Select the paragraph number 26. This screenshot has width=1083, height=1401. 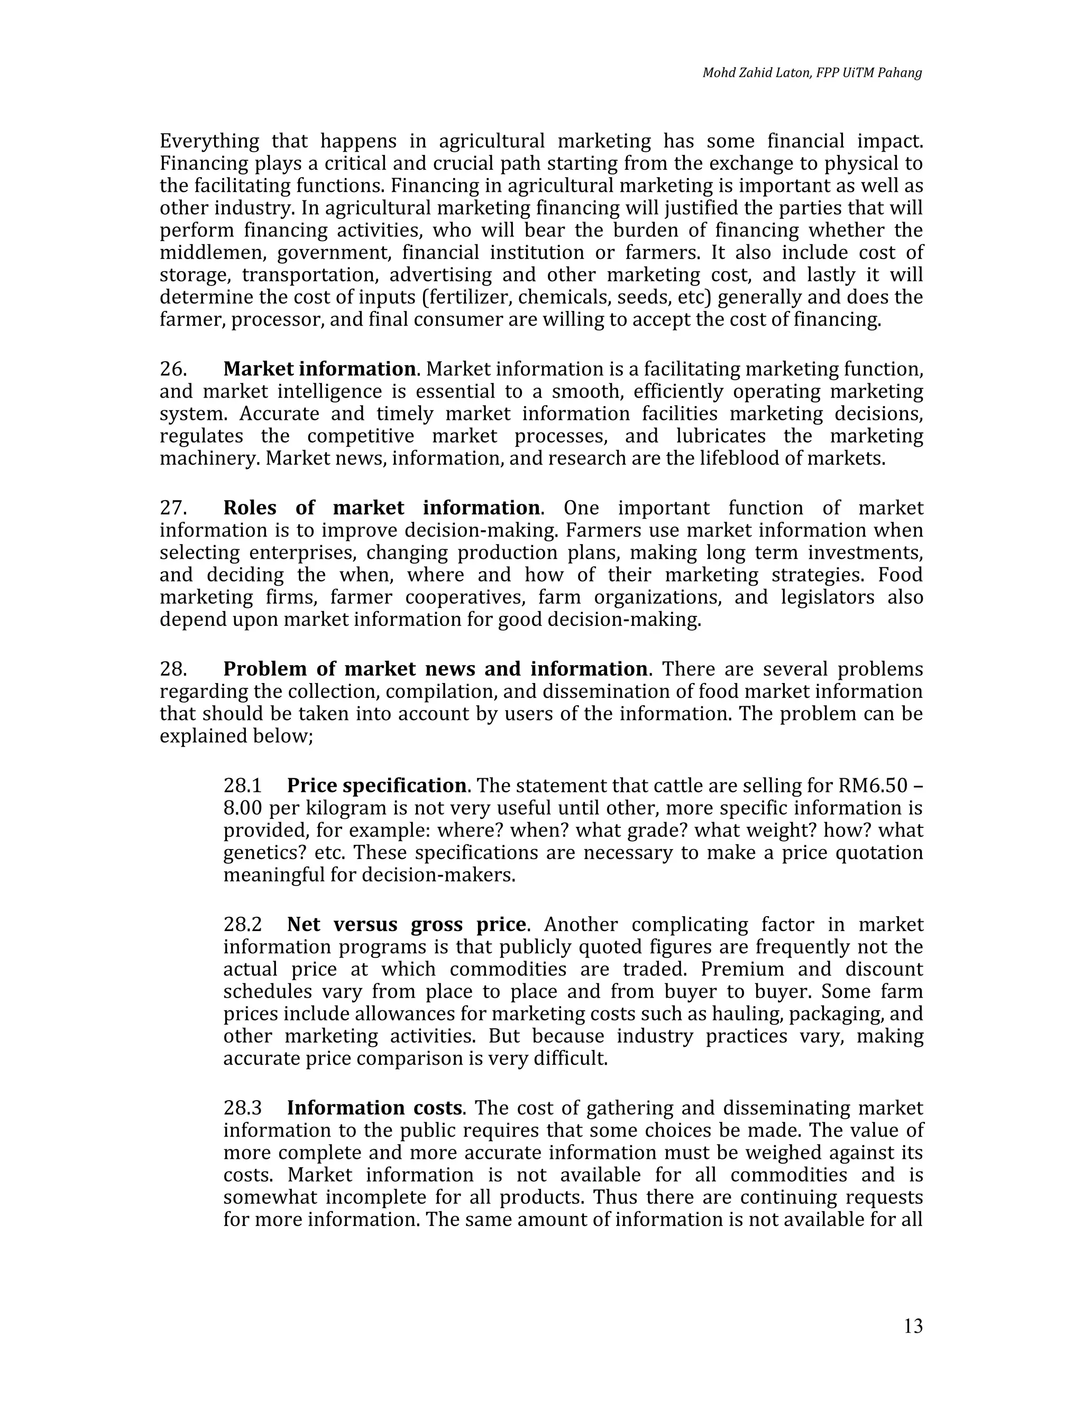click(x=173, y=369)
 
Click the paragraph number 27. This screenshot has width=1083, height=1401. click(x=173, y=508)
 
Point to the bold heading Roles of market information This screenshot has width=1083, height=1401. click(x=382, y=508)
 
